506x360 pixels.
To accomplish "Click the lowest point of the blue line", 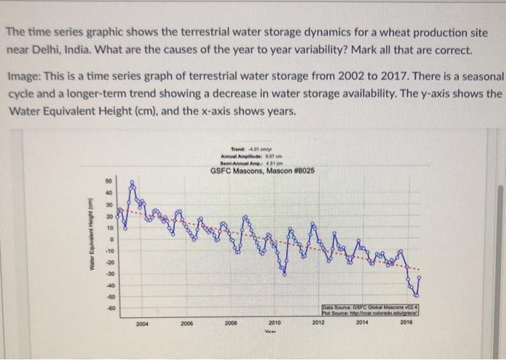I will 416,296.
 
